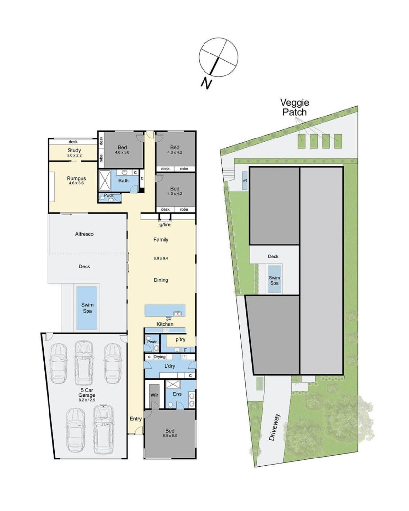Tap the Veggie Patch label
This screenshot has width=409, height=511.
click(295, 107)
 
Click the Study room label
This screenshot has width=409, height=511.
click(74, 150)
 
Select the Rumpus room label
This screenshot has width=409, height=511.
click(76, 178)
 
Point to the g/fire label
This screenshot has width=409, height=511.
click(165, 224)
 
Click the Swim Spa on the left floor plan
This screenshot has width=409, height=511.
click(87, 308)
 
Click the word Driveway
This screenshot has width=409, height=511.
click(275, 427)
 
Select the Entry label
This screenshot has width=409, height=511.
click(136, 419)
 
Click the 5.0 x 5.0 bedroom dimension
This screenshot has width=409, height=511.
click(170, 436)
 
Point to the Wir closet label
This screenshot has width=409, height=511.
click(154, 395)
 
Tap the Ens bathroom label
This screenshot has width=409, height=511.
click(177, 394)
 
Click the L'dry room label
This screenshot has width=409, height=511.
click(169, 366)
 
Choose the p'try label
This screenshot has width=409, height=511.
click(181, 340)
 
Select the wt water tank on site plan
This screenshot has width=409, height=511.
click(245, 180)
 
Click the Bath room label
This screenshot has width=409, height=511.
click(123, 181)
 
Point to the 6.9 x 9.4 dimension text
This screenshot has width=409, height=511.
click(161, 258)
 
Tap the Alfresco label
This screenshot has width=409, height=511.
click(85, 234)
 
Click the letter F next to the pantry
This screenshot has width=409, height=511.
click(185, 350)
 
